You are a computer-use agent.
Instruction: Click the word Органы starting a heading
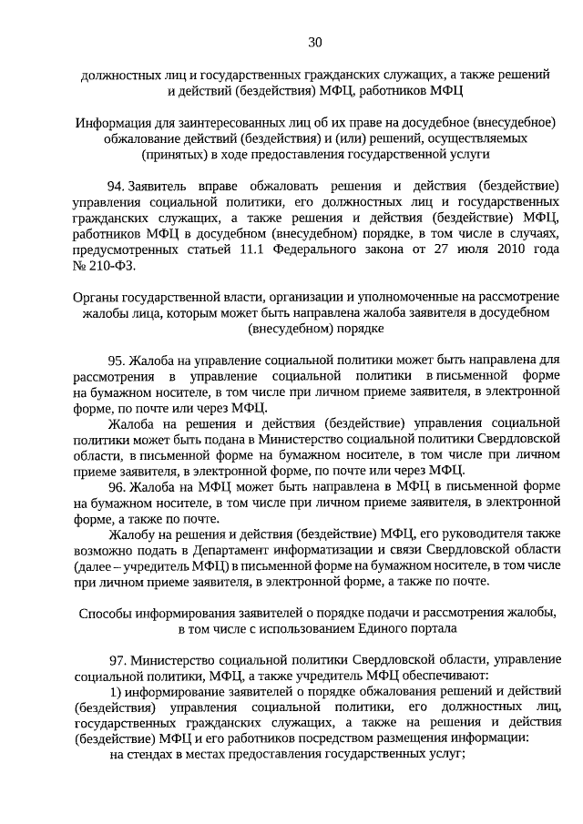coord(94,298)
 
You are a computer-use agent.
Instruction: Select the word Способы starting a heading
coord(105,613)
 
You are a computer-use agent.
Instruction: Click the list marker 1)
coord(115,691)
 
